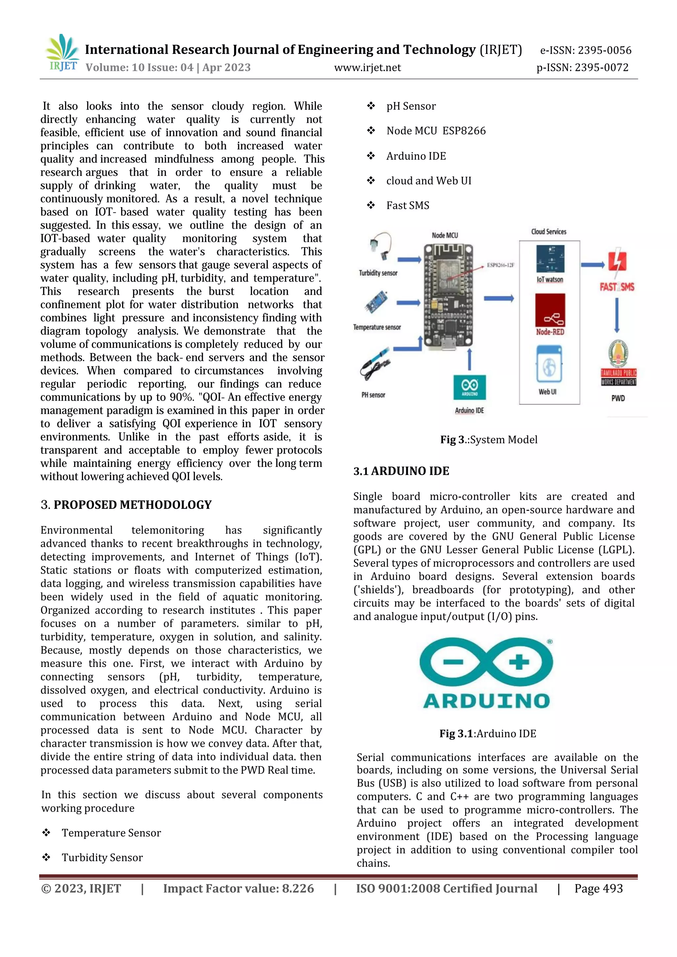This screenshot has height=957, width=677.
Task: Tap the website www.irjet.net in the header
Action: tap(367, 67)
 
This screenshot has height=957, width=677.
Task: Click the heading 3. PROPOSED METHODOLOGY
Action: tap(126, 505)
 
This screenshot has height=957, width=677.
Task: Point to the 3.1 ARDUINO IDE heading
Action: tap(401, 471)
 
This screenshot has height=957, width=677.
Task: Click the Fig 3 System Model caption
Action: tap(489, 440)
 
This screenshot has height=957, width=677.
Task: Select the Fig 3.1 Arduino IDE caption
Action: tap(488, 734)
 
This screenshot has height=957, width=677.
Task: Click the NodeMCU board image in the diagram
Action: tap(448, 296)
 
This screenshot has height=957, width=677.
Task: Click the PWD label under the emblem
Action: tap(618, 398)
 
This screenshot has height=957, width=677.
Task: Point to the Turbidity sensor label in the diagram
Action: tap(378, 273)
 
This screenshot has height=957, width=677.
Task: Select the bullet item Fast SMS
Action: tap(407, 206)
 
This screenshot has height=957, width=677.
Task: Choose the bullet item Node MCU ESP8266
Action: tap(436, 131)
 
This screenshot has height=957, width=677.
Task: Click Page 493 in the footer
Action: tap(598, 889)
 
